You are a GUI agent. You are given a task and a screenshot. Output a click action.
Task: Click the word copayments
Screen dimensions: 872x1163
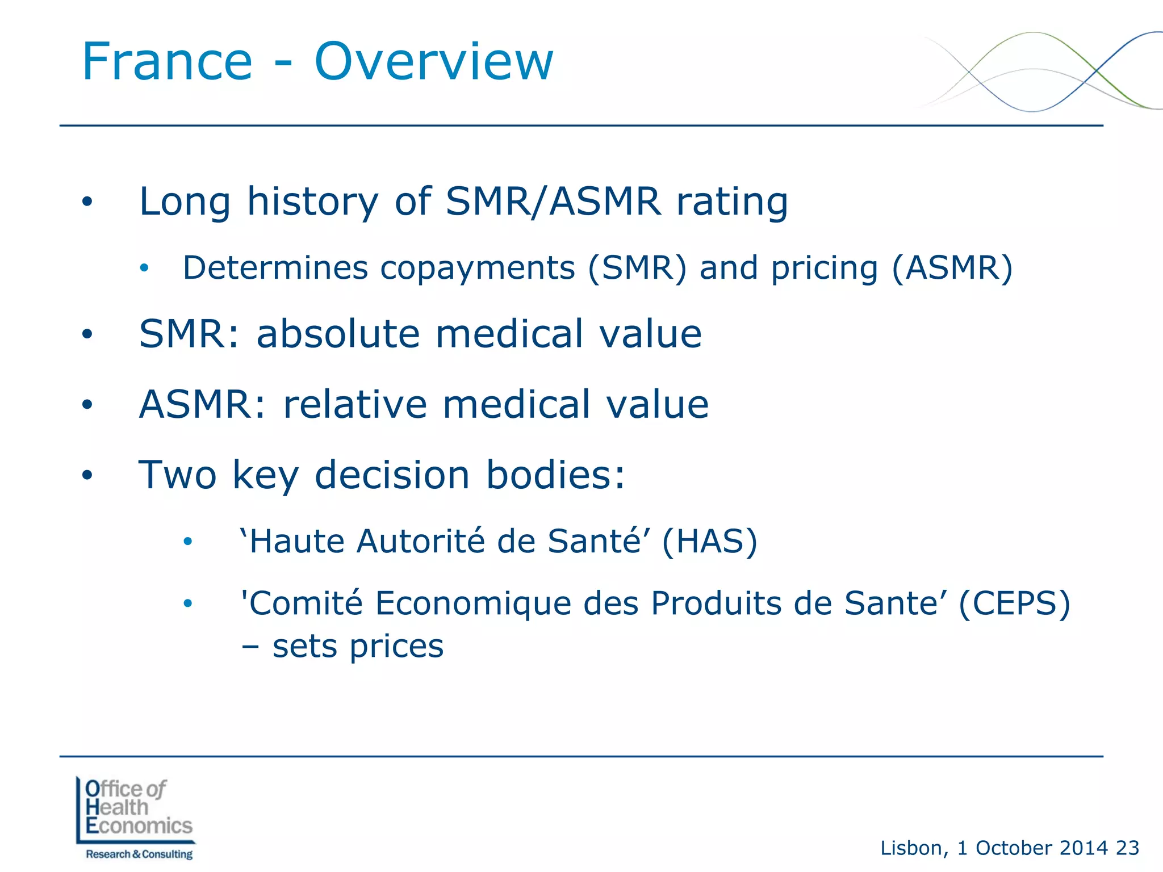pos(478,268)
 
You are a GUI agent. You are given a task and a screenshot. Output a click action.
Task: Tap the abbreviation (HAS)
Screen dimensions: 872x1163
pos(709,541)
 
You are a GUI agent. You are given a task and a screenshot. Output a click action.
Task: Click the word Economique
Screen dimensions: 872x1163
pos(473,603)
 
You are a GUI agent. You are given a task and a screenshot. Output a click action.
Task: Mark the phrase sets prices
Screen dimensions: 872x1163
pos(358,647)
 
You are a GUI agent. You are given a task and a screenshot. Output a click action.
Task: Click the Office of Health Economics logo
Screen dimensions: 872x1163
pos(136,808)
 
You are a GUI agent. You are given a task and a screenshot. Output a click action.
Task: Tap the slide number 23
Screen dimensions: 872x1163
pos(1127,848)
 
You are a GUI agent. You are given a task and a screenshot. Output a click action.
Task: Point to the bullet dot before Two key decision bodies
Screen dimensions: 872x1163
pos(87,475)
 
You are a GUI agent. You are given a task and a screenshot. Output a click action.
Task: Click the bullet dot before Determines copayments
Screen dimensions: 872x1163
pos(144,268)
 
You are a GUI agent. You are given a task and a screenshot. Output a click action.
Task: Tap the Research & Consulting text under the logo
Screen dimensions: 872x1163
pos(139,854)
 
